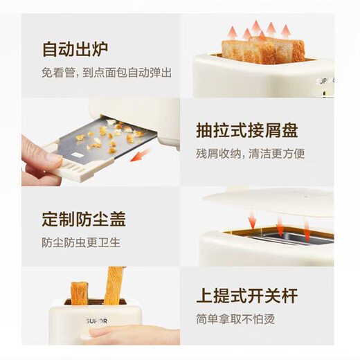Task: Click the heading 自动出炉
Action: [75, 50]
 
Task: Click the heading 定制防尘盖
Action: [84, 220]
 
